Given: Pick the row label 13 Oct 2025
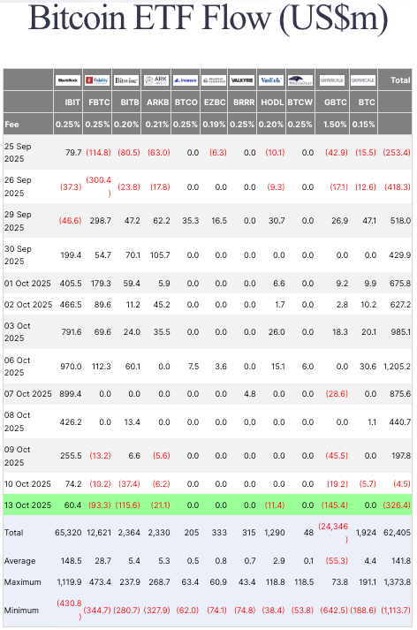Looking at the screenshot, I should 27,504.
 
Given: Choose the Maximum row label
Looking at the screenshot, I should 24,582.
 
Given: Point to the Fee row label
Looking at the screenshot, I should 11,125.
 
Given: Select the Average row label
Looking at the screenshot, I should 21,560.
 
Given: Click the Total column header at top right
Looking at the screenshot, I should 400,80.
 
